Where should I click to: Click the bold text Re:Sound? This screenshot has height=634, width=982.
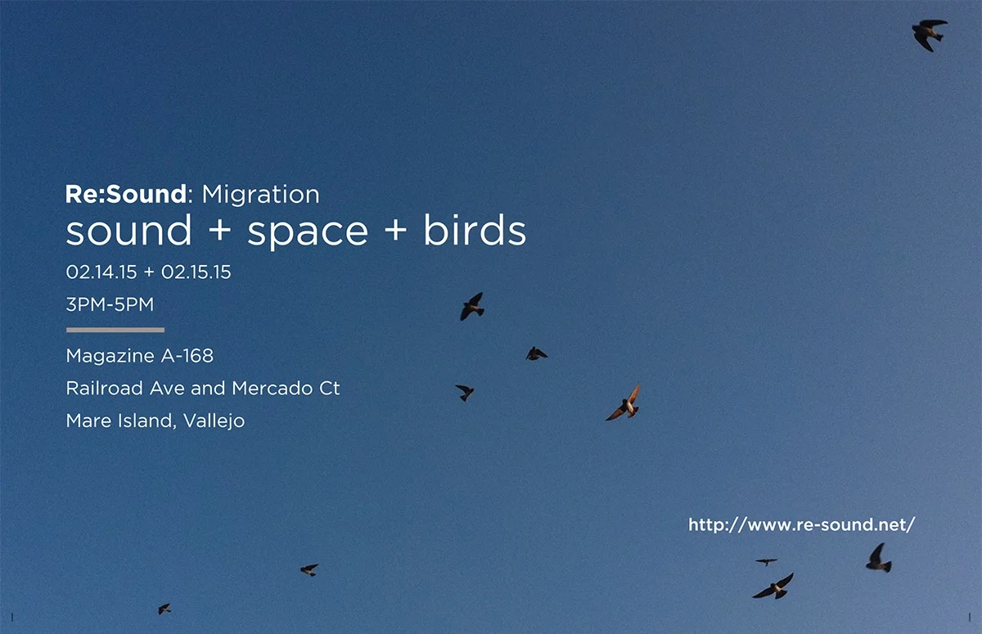pos(126,195)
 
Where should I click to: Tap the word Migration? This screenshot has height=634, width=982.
pos(260,195)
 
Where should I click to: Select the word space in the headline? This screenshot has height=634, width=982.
pos(308,232)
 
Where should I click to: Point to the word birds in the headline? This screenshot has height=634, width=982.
pos(475,231)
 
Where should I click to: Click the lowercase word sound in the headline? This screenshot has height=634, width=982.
pos(128,231)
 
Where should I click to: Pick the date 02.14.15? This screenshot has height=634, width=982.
pos(101,272)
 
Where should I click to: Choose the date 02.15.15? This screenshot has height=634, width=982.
pos(196,272)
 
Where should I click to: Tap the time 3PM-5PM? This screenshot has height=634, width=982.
pos(110,304)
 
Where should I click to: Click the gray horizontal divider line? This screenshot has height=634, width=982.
pos(115,330)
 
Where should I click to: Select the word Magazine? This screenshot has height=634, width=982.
pos(106,357)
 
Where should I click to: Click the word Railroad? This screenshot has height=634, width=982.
pos(104,388)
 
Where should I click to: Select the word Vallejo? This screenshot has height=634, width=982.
pos(214,421)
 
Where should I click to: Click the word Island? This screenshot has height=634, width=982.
pos(146,420)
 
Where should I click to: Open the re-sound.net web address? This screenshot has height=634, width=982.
pos(802,525)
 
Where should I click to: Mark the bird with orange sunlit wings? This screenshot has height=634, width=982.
pos(624,403)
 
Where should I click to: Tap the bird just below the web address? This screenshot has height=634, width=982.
pos(877,559)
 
